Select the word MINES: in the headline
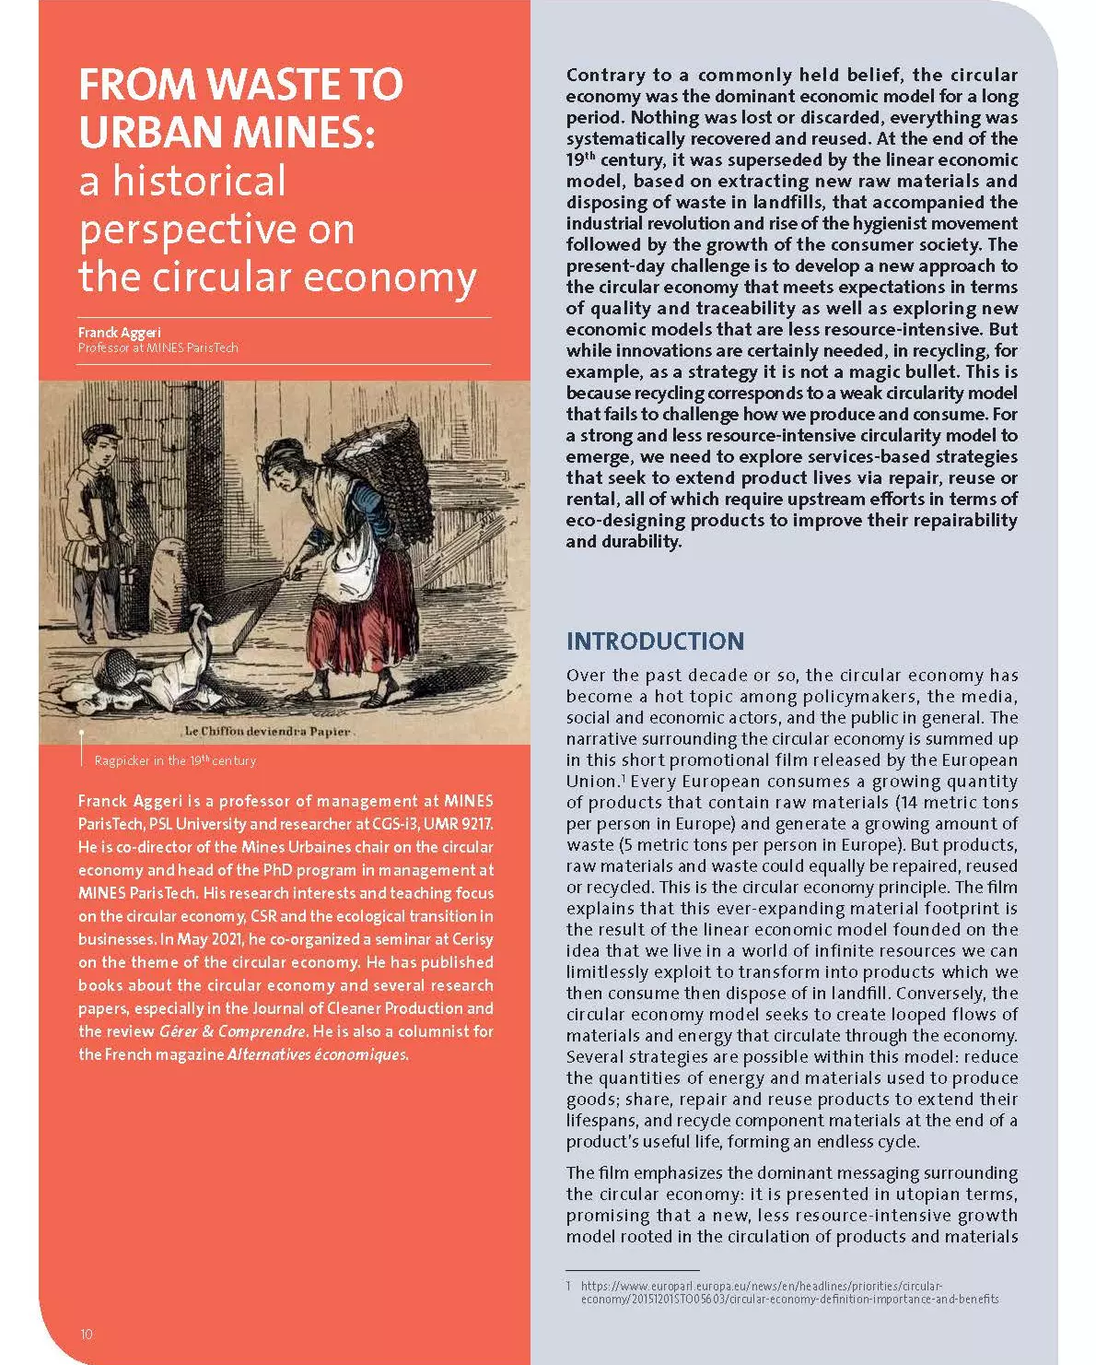(x=304, y=133)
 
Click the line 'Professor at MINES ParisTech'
(x=157, y=347)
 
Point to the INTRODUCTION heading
(x=655, y=641)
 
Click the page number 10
(x=87, y=1334)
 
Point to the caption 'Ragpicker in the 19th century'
(x=175, y=760)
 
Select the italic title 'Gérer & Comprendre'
(x=232, y=1031)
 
